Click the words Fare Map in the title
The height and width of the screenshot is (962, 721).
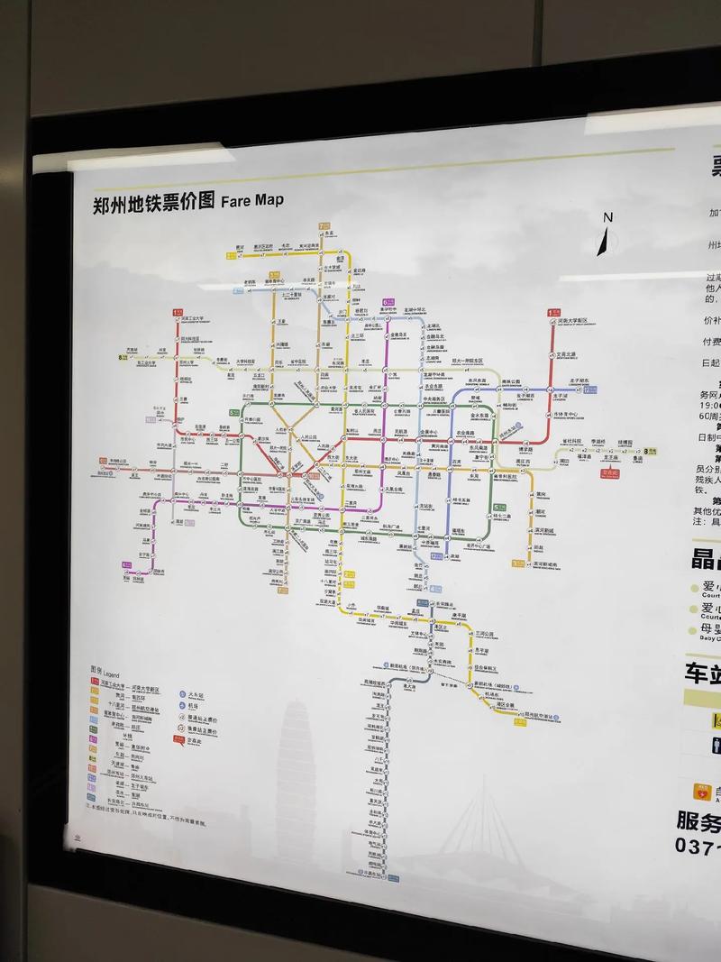click(x=251, y=199)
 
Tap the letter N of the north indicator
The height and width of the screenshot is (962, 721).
click(x=608, y=217)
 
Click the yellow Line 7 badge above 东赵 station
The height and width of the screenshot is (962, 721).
click(x=321, y=225)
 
